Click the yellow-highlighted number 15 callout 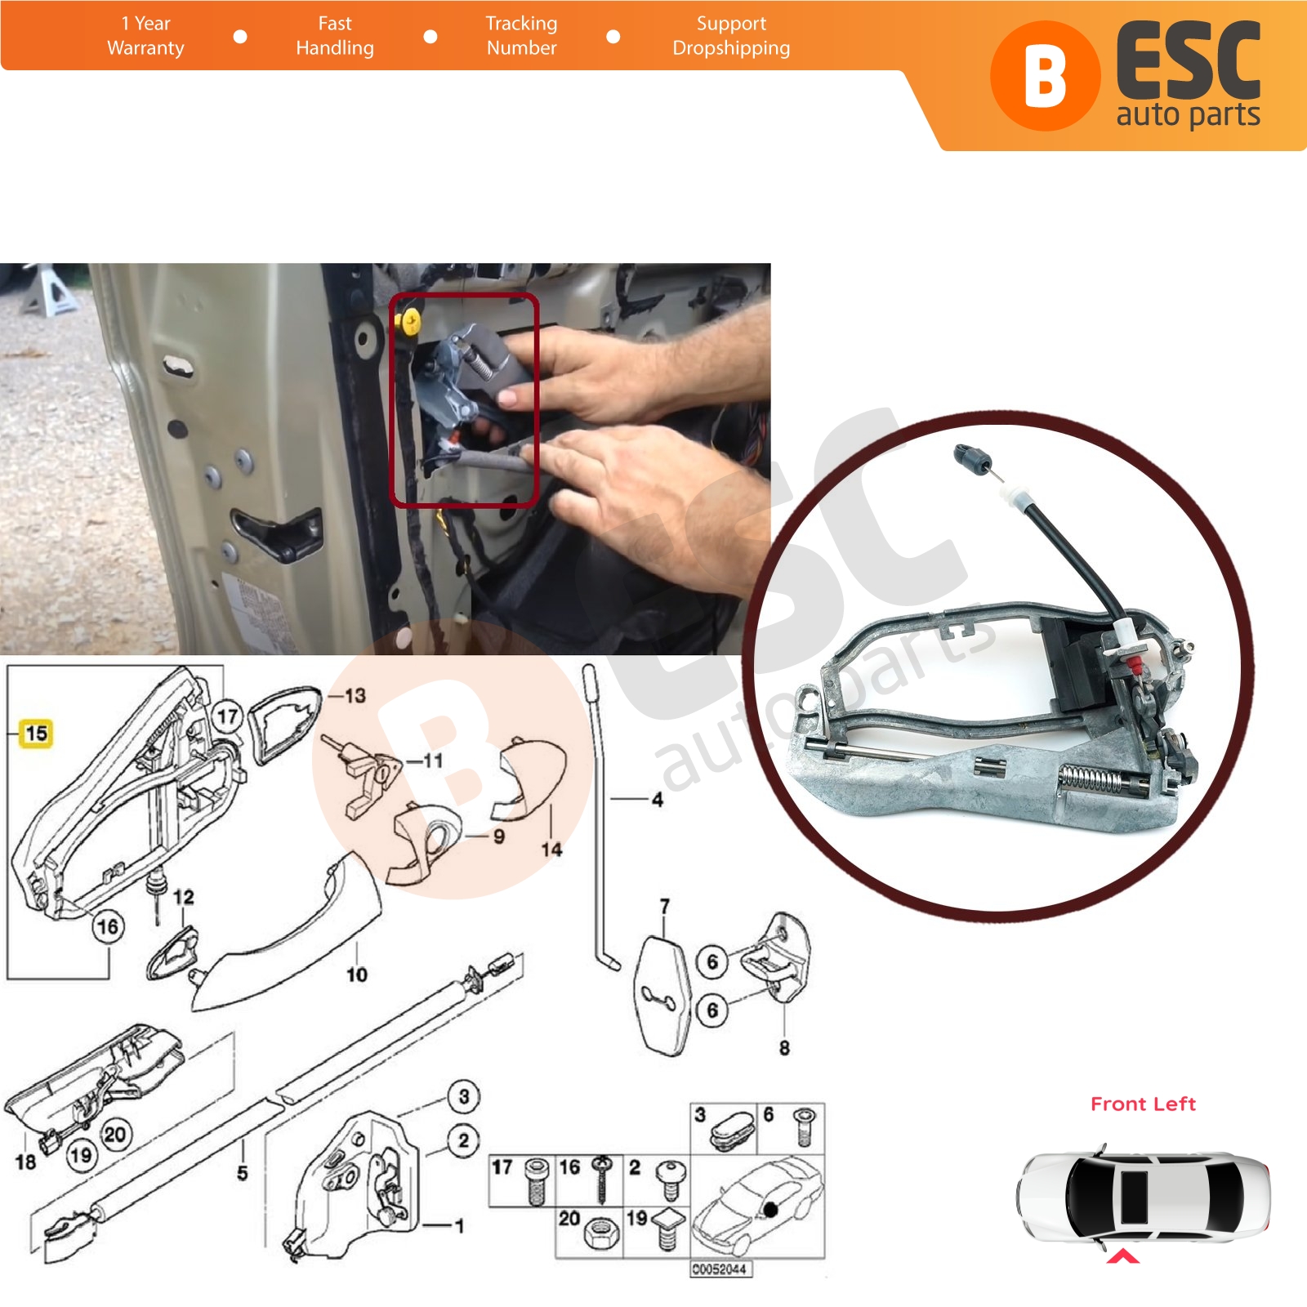coord(36,733)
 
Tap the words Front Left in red coord(1143,1104)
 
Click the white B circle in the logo coord(1045,76)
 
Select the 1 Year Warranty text coord(145,36)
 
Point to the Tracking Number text coord(521,36)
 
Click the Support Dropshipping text coord(731,36)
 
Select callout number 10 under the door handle coord(357,974)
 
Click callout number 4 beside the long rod coord(658,800)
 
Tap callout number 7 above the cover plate coord(665,907)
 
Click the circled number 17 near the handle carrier coord(228,716)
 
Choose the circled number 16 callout coord(108,926)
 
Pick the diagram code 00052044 coord(720,1269)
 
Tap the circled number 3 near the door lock coord(464,1095)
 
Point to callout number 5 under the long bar coord(242,1173)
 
